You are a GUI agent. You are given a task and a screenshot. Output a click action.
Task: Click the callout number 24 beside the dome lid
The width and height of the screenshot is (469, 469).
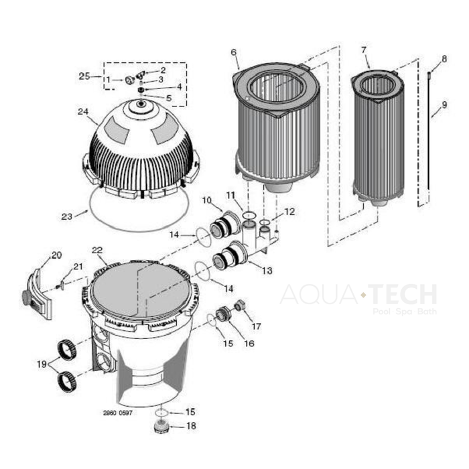tap(82, 112)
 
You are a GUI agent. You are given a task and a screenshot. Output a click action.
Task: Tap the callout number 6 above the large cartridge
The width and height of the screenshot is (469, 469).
tap(233, 52)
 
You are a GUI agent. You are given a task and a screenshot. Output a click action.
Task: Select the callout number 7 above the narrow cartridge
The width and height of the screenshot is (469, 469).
tap(363, 50)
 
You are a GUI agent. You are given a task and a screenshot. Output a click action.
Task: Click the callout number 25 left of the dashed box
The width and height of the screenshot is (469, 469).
tap(84, 76)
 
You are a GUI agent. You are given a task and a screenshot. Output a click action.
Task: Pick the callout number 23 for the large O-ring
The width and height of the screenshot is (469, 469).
tap(66, 216)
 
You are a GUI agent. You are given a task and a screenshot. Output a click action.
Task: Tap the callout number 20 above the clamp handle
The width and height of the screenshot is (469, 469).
tap(56, 255)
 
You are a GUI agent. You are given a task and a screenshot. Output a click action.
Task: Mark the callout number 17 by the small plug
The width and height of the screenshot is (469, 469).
tap(257, 326)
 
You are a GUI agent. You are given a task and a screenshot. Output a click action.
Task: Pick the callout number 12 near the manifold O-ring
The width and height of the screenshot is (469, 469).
tap(289, 212)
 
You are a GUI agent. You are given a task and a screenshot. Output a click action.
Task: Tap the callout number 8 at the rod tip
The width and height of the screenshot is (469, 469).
tap(444, 60)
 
